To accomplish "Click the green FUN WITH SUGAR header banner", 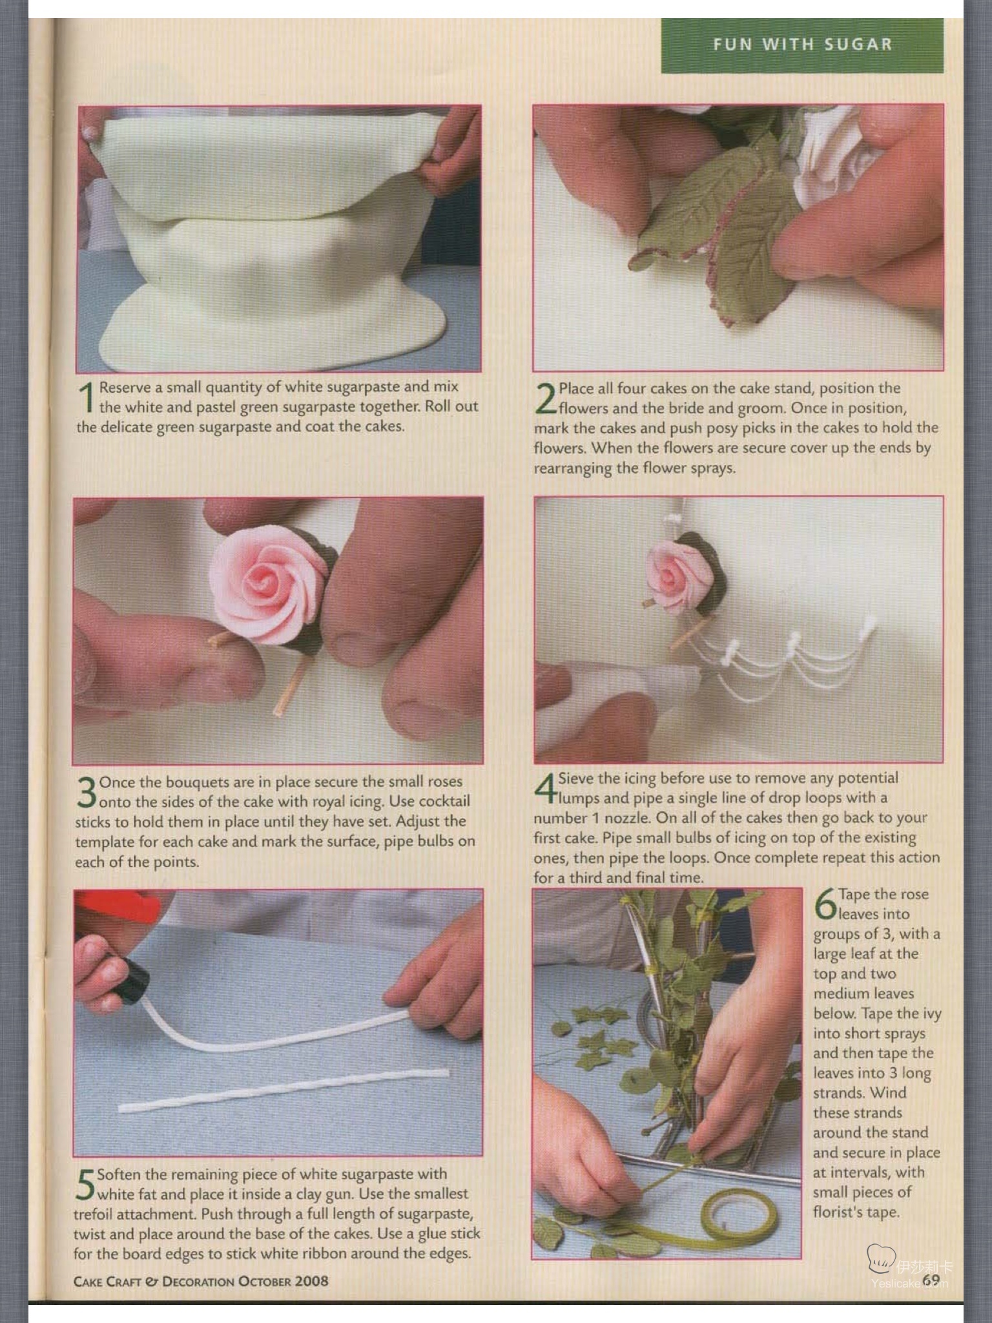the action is tap(802, 45).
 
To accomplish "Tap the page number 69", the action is tap(931, 1279).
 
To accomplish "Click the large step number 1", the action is tap(86, 397).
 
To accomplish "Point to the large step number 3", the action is tap(86, 793).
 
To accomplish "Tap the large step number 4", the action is tap(545, 789).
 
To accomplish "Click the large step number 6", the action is tap(825, 904).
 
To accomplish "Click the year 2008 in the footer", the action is tap(311, 1281).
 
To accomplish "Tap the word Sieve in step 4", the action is tap(575, 778).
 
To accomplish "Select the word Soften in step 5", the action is tap(119, 1174).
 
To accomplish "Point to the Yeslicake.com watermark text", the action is tap(909, 1283).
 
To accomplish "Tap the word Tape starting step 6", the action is tap(853, 895).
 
